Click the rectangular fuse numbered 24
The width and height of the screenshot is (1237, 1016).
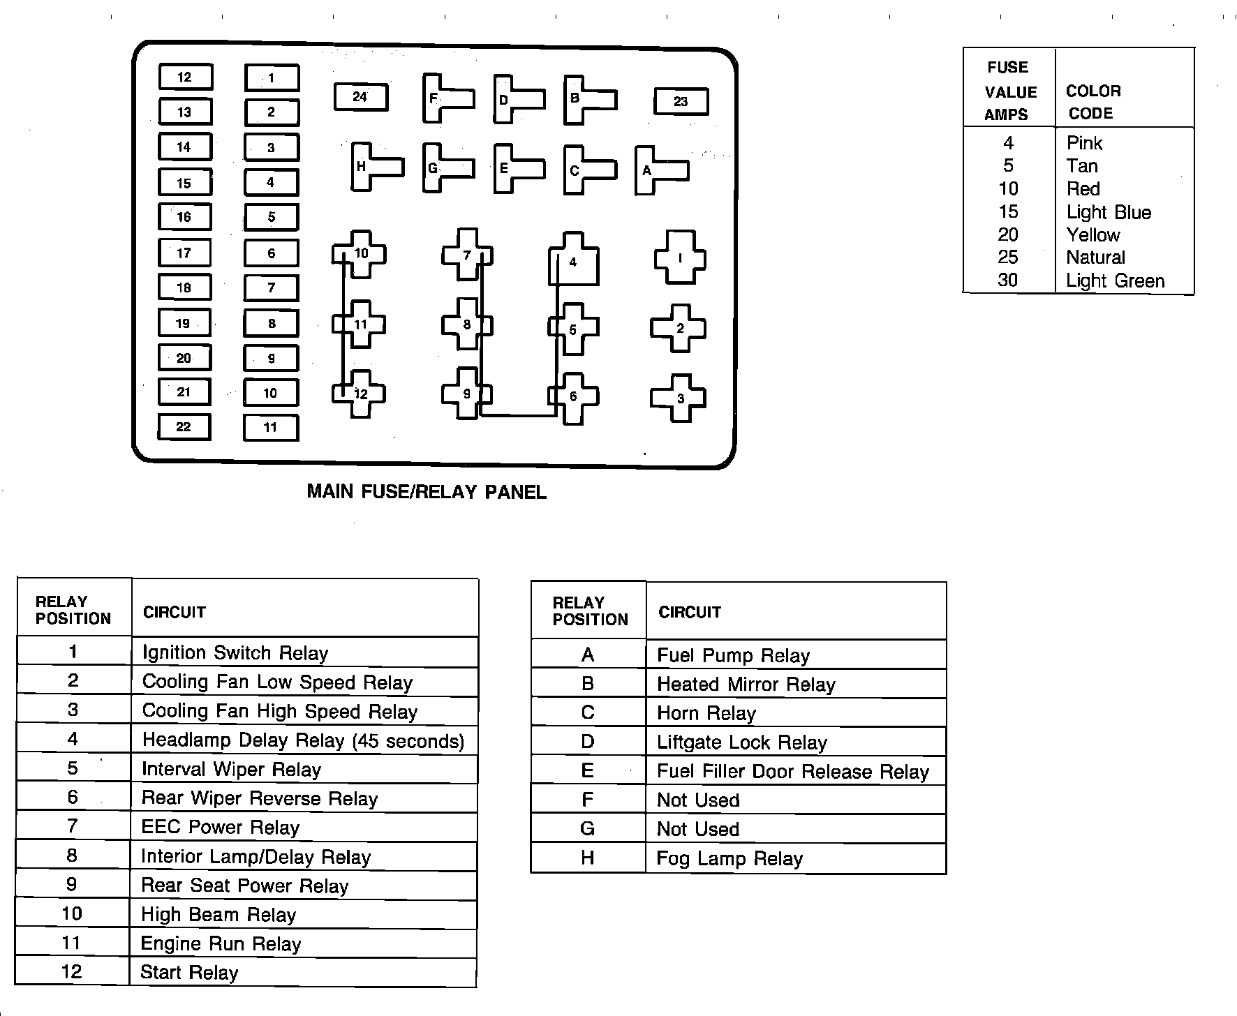click(360, 98)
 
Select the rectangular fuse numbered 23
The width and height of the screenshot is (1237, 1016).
click(681, 102)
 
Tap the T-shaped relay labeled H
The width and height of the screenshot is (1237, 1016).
click(370, 167)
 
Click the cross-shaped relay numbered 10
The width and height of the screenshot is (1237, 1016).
click(360, 254)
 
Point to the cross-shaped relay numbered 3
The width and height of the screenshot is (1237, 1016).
click(679, 398)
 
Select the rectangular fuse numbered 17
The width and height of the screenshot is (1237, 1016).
click(184, 253)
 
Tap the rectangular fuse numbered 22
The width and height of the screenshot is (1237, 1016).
click(184, 427)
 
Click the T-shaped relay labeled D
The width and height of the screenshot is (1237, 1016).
click(512, 99)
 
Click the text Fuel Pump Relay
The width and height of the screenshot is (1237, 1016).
click(733, 656)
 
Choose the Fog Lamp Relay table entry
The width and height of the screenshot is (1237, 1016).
click(729, 858)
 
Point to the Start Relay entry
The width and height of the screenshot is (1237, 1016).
click(189, 973)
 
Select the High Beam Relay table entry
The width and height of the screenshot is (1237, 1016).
click(218, 915)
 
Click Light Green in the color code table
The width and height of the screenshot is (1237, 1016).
click(1115, 281)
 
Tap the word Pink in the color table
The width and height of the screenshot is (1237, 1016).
click(1084, 143)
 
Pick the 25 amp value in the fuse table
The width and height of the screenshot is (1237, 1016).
click(1008, 257)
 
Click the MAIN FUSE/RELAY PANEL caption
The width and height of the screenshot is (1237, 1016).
click(427, 492)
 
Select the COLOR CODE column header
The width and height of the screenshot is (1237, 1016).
click(1093, 102)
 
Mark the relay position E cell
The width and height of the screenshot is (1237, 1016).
click(588, 770)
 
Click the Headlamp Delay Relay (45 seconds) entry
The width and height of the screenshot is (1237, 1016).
click(303, 740)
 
